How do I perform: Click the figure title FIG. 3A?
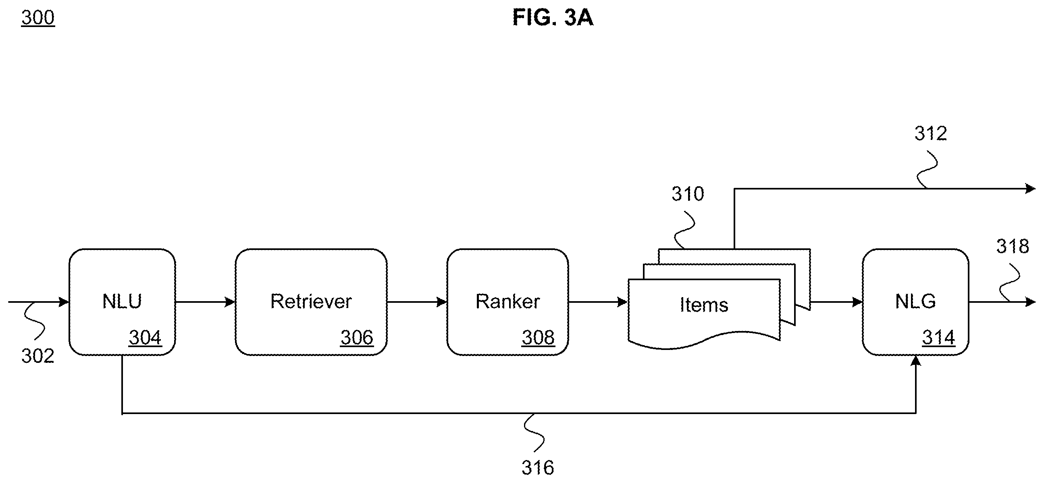click(553, 18)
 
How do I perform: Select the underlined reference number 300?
click(38, 18)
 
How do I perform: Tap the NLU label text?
click(122, 302)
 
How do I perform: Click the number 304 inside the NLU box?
click(145, 337)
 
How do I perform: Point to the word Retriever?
click(311, 302)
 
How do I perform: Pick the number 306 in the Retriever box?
click(357, 337)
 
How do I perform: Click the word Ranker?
click(507, 302)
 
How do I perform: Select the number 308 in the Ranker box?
click(538, 337)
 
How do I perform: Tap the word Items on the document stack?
click(704, 305)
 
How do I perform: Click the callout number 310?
click(688, 194)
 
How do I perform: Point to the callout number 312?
click(930, 133)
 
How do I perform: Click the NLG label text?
click(915, 302)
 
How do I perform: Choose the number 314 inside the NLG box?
click(939, 337)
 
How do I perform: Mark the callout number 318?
click(1013, 246)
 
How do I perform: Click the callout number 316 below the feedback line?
click(538, 468)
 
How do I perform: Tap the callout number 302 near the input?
click(38, 356)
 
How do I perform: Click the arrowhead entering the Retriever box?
click(230, 302)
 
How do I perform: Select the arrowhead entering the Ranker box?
click(442, 302)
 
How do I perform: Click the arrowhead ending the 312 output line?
click(1030, 188)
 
